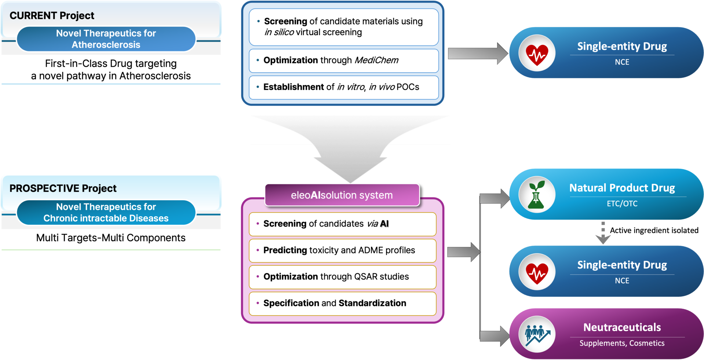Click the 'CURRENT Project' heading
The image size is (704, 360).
tap(52, 16)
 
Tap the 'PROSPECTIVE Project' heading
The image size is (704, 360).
tap(63, 188)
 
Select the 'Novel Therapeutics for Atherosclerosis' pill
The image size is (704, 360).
tap(106, 39)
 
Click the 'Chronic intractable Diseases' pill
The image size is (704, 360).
tap(106, 213)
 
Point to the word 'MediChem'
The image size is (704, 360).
tap(376, 60)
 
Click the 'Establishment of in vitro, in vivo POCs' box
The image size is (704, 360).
tap(344, 87)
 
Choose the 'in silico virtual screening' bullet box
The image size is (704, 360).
tap(344, 27)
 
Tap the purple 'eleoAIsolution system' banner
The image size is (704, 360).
tap(342, 195)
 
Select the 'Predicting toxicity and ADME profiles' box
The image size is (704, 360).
tap(343, 250)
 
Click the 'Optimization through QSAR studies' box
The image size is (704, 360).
tap(343, 277)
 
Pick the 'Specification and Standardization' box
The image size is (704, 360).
tap(343, 304)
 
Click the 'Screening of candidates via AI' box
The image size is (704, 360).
tap(343, 224)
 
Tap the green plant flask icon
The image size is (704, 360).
tap(537, 194)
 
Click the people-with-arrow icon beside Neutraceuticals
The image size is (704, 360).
tap(537, 335)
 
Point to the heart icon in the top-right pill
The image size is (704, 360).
tap(537, 53)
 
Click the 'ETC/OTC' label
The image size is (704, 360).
tap(622, 204)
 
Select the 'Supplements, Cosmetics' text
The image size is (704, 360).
tap(622, 343)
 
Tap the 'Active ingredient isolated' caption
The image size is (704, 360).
tap(654, 230)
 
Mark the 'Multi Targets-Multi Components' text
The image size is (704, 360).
tap(111, 238)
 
